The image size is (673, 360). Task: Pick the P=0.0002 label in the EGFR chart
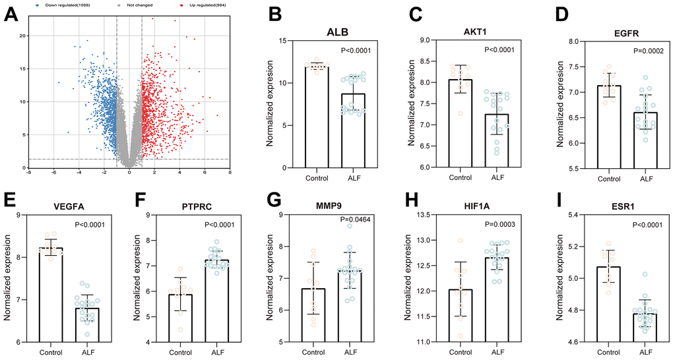pyautogui.click(x=632, y=50)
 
